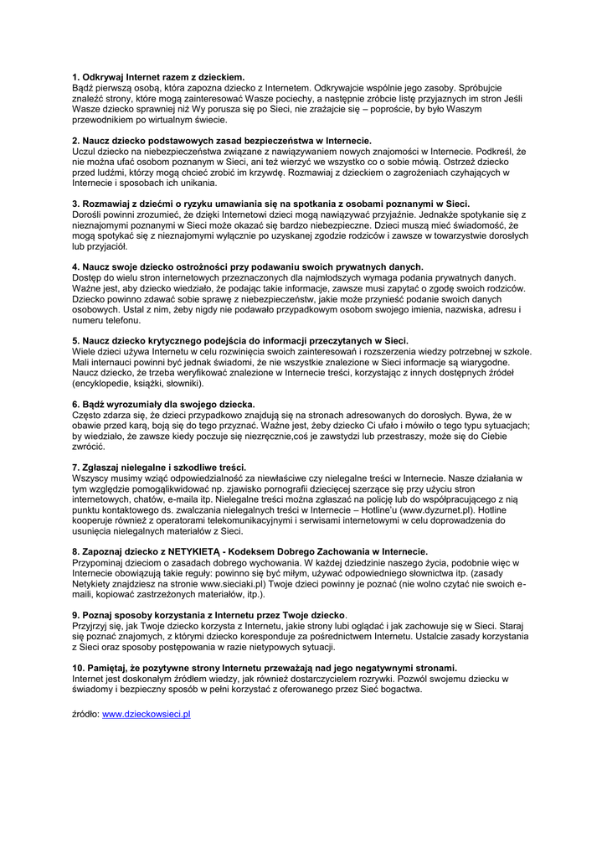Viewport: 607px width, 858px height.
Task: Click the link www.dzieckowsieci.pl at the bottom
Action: [x=147, y=714]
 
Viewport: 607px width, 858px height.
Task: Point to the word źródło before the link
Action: [x=85, y=714]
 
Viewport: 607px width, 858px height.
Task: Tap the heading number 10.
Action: [x=78, y=669]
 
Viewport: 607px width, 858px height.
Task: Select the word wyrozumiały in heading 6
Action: [x=134, y=404]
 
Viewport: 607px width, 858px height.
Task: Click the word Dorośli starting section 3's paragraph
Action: [x=87, y=214]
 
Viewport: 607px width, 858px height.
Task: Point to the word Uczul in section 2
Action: [x=84, y=151]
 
